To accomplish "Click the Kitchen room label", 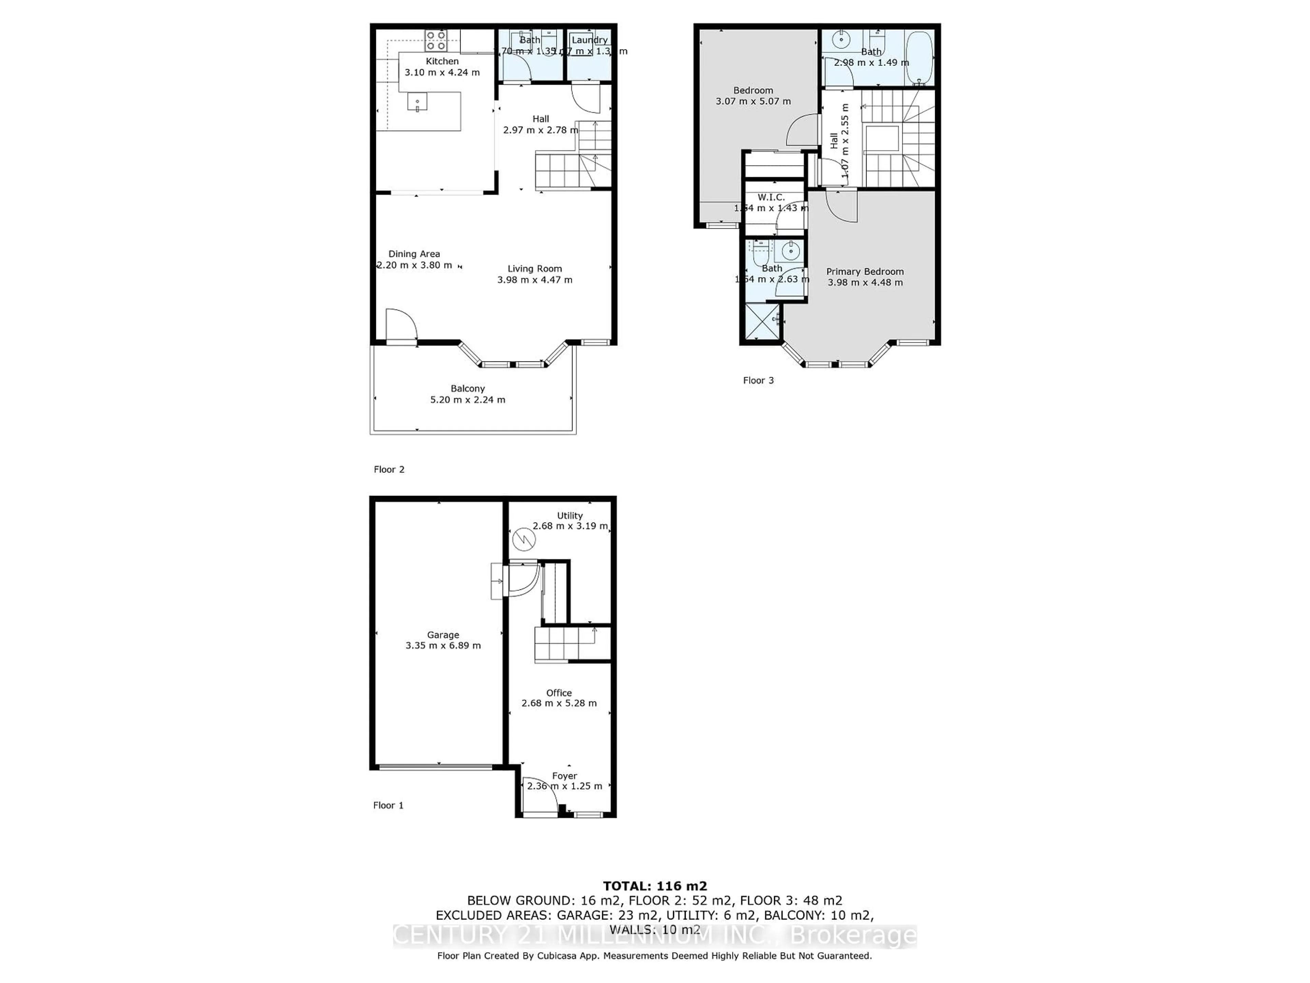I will point(442,61).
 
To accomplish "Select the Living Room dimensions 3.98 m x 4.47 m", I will point(534,280).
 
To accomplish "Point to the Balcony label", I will point(467,389).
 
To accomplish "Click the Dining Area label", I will point(414,254).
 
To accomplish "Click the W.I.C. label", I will point(771,197).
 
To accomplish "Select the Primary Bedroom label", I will point(865,271).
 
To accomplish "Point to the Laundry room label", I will point(589,40).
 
